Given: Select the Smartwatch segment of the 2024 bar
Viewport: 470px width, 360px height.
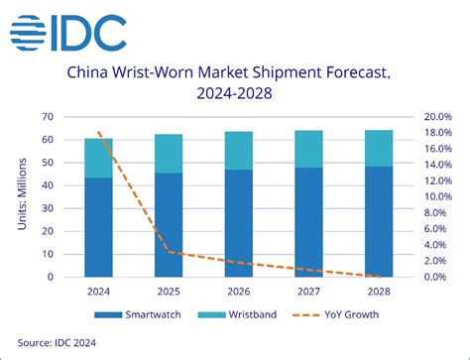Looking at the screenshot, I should tap(97, 227).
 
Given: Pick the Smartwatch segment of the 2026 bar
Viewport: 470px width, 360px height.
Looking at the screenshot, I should tap(238, 223).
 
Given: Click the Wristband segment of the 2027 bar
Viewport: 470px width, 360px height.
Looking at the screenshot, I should tap(309, 149).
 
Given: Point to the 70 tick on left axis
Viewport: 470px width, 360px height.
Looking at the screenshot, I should tap(47, 117).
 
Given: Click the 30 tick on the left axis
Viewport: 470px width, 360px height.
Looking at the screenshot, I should tap(47, 208).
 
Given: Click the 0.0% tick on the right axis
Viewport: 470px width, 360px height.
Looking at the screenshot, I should tap(438, 277).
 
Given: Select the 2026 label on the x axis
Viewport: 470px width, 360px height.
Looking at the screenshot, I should tap(238, 293).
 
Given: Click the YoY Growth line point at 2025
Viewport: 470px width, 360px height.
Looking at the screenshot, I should tap(168, 252).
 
